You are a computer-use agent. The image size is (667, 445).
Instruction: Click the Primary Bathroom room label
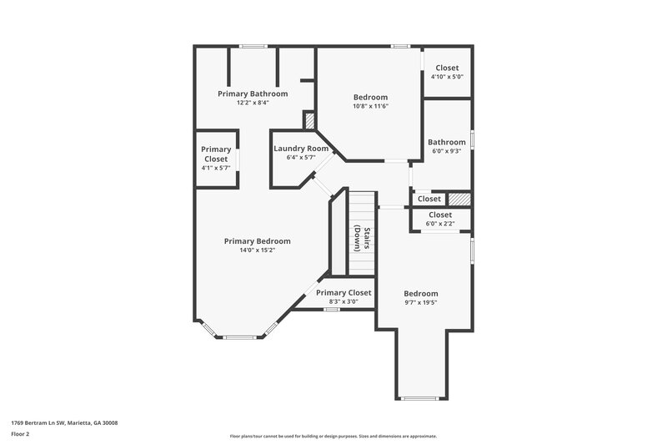click(x=253, y=94)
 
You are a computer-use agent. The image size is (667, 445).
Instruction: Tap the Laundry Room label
click(x=301, y=149)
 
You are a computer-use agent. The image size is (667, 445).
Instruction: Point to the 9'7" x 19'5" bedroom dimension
click(x=420, y=303)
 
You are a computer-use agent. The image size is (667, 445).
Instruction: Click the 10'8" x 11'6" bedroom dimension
click(x=370, y=106)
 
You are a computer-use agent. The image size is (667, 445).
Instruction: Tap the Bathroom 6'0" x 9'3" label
click(x=447, y=142)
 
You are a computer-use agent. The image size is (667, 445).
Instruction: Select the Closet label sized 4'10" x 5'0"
click(x=447, y=68)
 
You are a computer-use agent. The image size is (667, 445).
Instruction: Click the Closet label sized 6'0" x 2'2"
click(x=439, y=215)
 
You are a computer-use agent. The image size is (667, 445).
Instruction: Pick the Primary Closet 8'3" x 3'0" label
click(x=344, y=292)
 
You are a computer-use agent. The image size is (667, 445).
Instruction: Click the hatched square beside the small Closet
click(x=459, y=200)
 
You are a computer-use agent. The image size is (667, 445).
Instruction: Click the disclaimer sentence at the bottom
click(x=333, y=436)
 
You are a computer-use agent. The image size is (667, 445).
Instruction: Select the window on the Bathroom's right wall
click(x=473, y=139)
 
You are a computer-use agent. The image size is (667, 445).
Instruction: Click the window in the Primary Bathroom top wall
click(x=248, y=46)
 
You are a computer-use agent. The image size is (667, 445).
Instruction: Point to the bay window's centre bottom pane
click(x=239, y=337)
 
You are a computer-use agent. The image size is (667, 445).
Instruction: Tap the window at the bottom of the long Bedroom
click(x=420, y=399)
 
